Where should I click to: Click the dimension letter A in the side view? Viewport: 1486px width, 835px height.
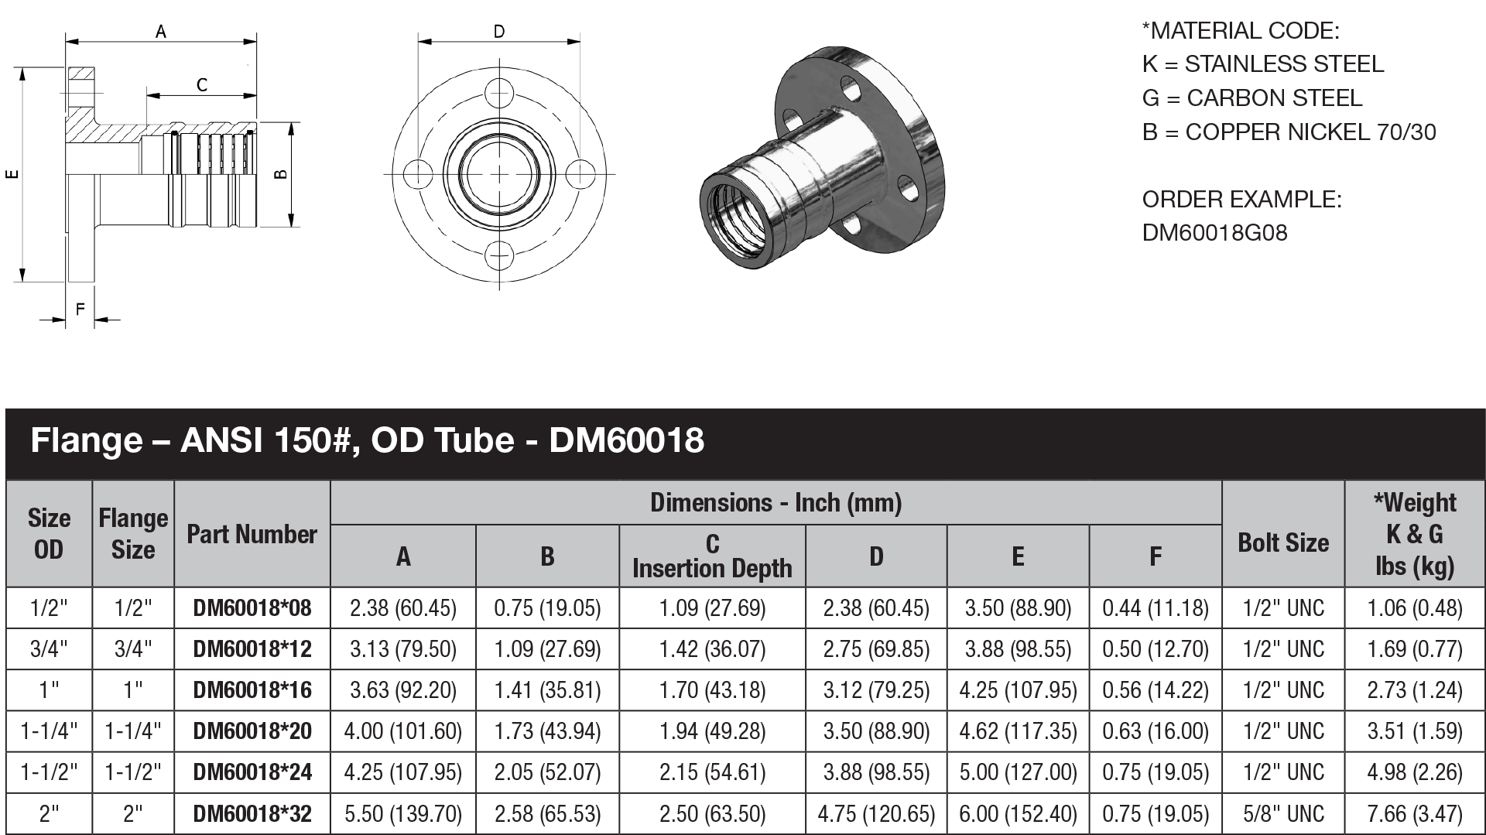[161, 32]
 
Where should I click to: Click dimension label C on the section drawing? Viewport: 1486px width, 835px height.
[202, 85]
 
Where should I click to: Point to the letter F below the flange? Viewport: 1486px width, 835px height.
[80, 310]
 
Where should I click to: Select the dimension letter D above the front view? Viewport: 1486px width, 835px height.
[499, 32]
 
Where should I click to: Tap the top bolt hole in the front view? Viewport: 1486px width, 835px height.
[499, 93]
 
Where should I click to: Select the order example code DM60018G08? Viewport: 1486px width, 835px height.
[1214, 233]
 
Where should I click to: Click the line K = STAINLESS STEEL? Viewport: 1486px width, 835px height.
[1262, 64]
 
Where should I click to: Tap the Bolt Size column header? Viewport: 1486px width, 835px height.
[1282, 542]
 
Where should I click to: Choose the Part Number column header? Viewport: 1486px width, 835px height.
[252, 534]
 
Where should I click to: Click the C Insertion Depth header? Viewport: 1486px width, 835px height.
[712, 556]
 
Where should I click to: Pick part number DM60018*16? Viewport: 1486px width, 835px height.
[252, 690]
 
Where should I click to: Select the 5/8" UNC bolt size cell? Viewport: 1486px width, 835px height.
[1282, 813]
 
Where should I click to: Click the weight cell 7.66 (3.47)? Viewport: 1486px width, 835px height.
[1414, 813]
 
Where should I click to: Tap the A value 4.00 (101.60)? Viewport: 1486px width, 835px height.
[402, 731]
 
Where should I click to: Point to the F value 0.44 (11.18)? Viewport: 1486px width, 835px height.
[1155, 608]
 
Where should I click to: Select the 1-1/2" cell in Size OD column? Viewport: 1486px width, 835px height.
[49, 772]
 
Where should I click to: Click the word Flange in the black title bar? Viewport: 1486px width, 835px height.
[86, 441]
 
